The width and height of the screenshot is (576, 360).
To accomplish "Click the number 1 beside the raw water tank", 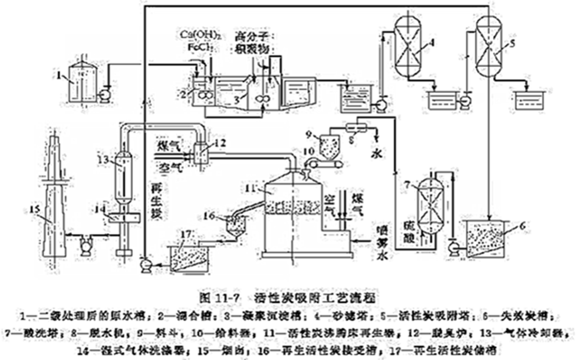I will pos(59,75).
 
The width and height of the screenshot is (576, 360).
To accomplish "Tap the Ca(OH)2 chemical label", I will pos(201,34).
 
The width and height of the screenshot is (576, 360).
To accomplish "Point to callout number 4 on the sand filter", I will pos(431,42).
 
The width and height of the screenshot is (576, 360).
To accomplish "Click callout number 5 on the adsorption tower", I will pos(513,43).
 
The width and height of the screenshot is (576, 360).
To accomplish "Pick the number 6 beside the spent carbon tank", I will pos(522,226).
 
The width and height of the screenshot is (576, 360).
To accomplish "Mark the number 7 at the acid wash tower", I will pos(407,184).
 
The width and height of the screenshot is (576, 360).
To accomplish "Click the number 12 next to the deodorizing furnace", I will pos(220,143).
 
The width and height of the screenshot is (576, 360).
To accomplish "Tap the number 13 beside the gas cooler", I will pos(103,160).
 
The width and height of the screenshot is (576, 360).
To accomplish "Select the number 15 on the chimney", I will pos(35,209).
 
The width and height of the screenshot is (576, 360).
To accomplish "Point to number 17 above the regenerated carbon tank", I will pos(186,234).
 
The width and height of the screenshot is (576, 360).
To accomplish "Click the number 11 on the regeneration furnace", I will pos(250,188).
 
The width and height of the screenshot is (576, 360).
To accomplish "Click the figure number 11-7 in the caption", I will pos(228,298).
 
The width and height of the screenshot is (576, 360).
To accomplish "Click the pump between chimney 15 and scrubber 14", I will pos(85,244).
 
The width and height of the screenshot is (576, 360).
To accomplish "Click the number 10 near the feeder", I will pos(308,151).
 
